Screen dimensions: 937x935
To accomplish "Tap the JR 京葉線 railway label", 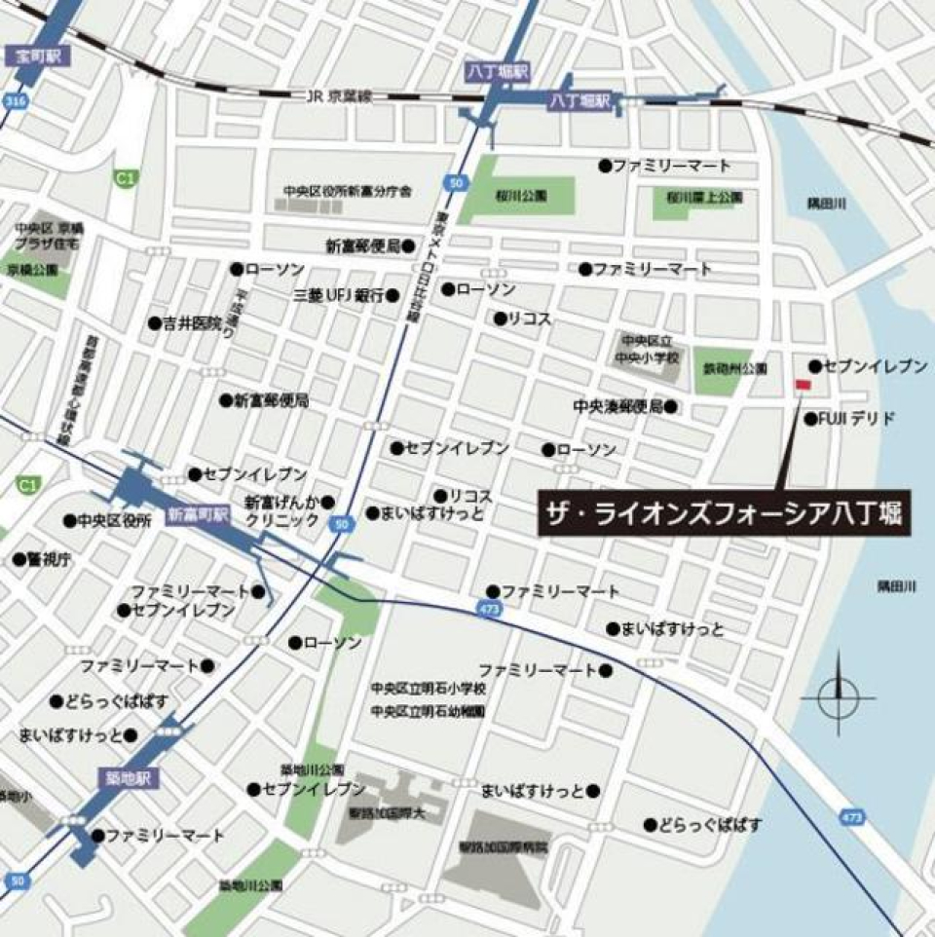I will pos(339,95).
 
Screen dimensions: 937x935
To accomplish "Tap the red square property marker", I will pos(803,387).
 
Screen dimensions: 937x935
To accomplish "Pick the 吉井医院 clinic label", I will pos(192,322).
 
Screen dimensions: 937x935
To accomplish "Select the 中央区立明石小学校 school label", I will pos(428,689).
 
